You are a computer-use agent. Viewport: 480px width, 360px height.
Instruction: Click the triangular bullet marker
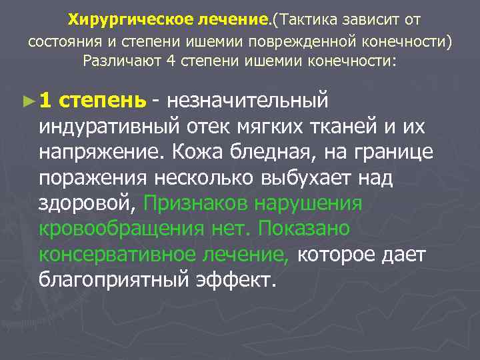point(27,101)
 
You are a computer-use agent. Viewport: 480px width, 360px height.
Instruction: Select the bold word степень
point(102,101)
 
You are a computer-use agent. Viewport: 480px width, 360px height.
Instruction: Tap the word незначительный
point(248,101)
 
